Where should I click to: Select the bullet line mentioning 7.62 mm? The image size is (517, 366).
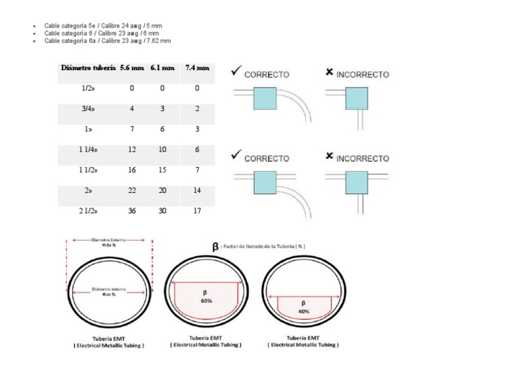pos(108,40)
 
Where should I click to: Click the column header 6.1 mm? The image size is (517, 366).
pos(162,68)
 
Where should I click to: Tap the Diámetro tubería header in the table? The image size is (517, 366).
pos(88,68)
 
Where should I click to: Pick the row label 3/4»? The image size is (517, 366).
pos(88,109)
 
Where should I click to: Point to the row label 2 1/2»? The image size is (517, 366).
pos(88,211)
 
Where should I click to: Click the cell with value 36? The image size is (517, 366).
pos(132,211)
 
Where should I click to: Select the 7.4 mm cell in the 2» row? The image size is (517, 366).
pos(197,191)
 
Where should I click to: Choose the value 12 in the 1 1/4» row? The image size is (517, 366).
pos(132,150)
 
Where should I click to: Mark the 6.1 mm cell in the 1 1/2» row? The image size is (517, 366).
pos(162,171)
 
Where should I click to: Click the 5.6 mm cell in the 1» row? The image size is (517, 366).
pos(132,129)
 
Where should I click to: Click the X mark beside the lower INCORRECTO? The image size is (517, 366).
pos(329,156)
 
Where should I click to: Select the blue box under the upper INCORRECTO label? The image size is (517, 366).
pos(355,99)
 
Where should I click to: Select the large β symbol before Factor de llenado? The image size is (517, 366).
pos(215,247)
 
